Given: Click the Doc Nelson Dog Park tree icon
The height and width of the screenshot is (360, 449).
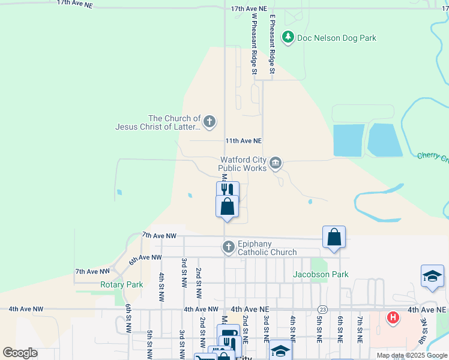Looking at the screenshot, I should [289, 38].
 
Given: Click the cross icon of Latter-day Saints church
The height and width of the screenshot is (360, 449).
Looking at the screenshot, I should [209, 122].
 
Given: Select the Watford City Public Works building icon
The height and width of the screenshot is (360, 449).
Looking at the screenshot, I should [276, 163].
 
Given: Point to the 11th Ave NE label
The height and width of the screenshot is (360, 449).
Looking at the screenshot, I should [243, 140].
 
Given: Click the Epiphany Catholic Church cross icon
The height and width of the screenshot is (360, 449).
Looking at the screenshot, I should [228, 247].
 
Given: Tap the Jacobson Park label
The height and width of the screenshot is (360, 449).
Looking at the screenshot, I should [321, 274].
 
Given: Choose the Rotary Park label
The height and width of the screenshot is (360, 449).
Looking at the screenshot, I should [121, 284].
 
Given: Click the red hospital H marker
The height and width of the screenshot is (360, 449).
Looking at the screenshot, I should [393, 317].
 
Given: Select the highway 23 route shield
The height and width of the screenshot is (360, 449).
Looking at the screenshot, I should [323, 309].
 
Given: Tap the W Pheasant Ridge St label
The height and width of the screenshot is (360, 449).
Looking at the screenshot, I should [255, 45].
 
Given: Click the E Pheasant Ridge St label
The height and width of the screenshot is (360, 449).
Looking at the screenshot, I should [272, 45].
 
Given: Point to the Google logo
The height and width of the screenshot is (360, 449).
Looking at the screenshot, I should [20, 353].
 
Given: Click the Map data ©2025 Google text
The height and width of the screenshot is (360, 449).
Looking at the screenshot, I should [412, 355].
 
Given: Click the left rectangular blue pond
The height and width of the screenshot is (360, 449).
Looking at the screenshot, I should [348, 141].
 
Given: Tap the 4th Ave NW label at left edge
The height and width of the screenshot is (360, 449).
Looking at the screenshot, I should [26, 309].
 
